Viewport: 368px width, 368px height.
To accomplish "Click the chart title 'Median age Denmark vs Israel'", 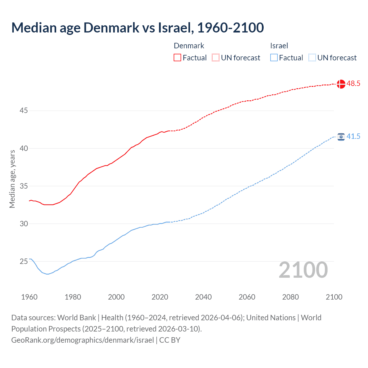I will click(137, 28).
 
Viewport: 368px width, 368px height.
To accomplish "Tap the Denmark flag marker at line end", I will click(341, 84).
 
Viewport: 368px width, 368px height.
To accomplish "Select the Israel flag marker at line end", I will click(341, 137).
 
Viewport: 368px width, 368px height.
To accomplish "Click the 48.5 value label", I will click(353, 84).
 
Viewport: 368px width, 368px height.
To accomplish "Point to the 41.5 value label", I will click(353, 137).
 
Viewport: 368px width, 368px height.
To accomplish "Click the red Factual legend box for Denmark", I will click(177, 58).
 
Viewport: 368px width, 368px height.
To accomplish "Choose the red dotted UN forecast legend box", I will click(216, 58).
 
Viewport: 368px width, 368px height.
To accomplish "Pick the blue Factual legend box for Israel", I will click(274, 58).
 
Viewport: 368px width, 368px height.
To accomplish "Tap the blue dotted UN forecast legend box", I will click(312, 58).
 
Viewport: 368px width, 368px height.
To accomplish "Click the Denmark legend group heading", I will click(189, 46).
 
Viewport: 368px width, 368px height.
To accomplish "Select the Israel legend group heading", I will click(279, 46).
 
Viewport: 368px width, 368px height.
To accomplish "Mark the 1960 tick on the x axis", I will click(29, 297).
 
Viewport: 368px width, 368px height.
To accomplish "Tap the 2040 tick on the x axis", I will click(203, 297).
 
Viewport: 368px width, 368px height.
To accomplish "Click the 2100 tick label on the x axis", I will click(334, 297).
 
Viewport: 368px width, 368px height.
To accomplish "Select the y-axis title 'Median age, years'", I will click(12, 179).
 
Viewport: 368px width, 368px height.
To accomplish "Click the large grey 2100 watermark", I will click(303, 270).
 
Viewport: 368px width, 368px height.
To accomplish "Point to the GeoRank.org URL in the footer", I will click(83, 340).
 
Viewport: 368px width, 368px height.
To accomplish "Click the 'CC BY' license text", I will click(170, 340).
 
